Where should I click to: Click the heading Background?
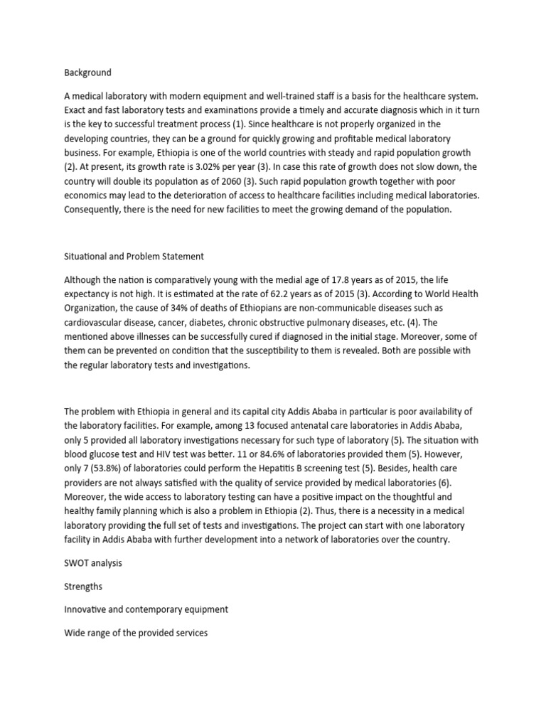(x=87, y=73)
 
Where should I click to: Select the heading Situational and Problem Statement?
(x=134, y=256)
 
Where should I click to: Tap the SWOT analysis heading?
(x=92, y=562)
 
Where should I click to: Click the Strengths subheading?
(x=84, y=587)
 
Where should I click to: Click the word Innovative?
(x=88, y=610)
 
